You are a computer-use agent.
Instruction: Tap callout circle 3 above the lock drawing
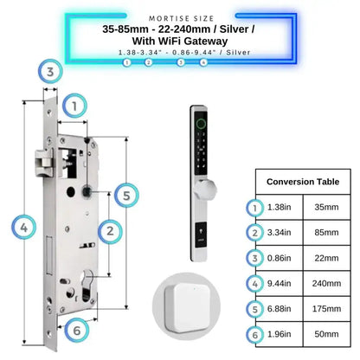tap(53, 72)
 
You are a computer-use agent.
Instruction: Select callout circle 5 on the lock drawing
tap(126, 196)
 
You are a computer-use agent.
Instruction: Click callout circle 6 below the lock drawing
tap(76, 330)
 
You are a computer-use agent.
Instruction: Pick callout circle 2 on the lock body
tap(110, 230)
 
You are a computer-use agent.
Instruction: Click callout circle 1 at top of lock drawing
tap(76, 106)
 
